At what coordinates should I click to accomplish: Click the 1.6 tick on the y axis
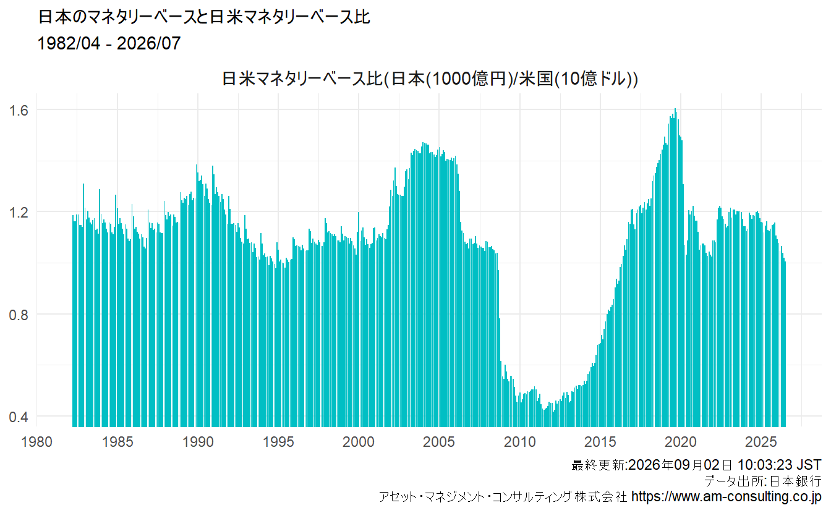(x=19, y=110)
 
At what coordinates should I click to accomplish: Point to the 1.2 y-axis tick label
(x=19, y=213)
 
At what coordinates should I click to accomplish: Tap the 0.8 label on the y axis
(x=19, y=315)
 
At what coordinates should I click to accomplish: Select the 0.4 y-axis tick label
(x=19, y=417)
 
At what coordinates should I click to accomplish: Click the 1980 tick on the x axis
(x=36, y=442)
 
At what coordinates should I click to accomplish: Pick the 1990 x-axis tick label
(x=198, y=442)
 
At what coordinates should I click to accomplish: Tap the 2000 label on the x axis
(x=359, y=442)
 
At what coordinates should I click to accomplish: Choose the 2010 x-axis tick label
(x=520, y=442)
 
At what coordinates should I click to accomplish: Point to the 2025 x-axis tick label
(x=761, y=442)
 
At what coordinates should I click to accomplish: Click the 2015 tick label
(x=600, y=442)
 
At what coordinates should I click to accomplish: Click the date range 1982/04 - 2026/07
(x=109, y=43)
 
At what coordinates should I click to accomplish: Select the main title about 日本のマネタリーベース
(x=204, y=17)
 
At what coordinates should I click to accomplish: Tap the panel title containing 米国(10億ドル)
(x=430, y=78)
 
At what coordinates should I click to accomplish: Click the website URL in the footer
(x=726, y=496)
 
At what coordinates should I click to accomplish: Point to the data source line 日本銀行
(x=763, y=481)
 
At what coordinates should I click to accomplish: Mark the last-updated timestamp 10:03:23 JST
(x=779, y=465)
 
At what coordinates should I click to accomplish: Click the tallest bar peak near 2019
(x=675, y=109)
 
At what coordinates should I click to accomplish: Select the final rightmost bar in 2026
(x=785, y=344)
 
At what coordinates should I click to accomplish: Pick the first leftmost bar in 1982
(x=73, y=321)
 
